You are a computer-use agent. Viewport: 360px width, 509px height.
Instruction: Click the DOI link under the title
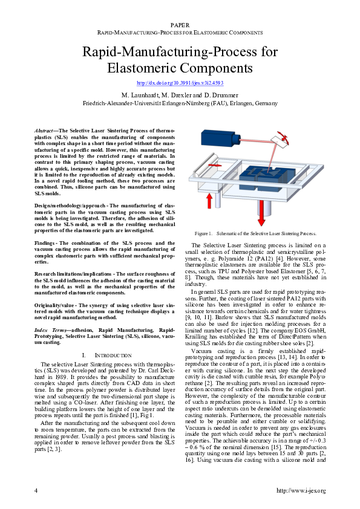[180, 83]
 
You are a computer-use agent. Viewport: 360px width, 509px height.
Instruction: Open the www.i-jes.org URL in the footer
[301, 490]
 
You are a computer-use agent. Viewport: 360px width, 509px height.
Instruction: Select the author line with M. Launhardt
[180, 96]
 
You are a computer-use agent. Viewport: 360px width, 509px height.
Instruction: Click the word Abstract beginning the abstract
[44, 131]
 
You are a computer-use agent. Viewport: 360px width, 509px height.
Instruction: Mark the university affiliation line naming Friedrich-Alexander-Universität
[180, 103]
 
